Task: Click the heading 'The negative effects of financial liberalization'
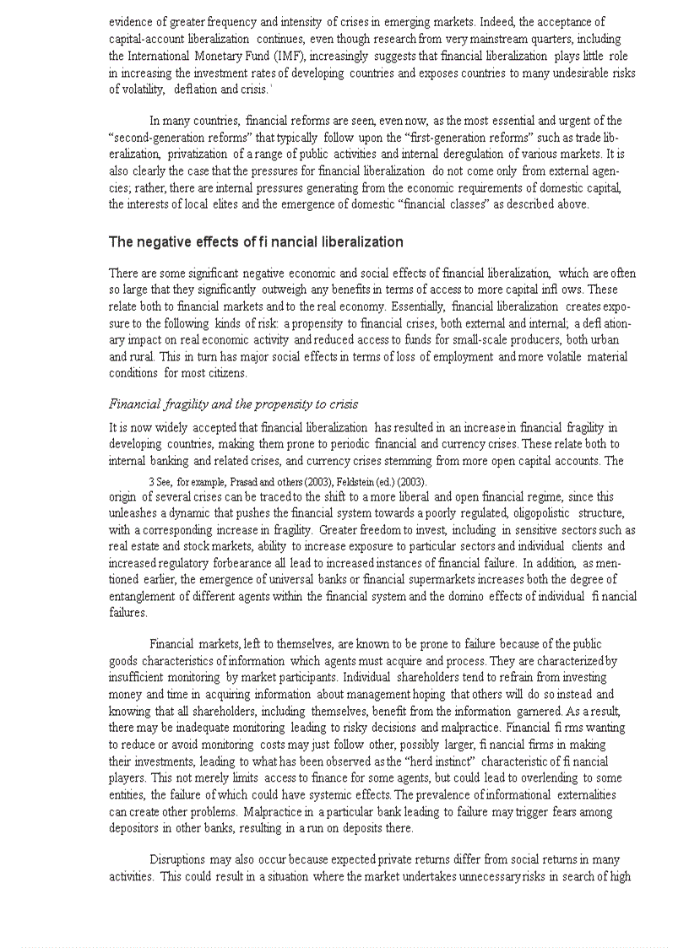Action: [256, 242]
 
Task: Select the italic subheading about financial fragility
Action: [233, 404]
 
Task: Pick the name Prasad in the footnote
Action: [247, 482]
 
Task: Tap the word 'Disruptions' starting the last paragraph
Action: [182, 859]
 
